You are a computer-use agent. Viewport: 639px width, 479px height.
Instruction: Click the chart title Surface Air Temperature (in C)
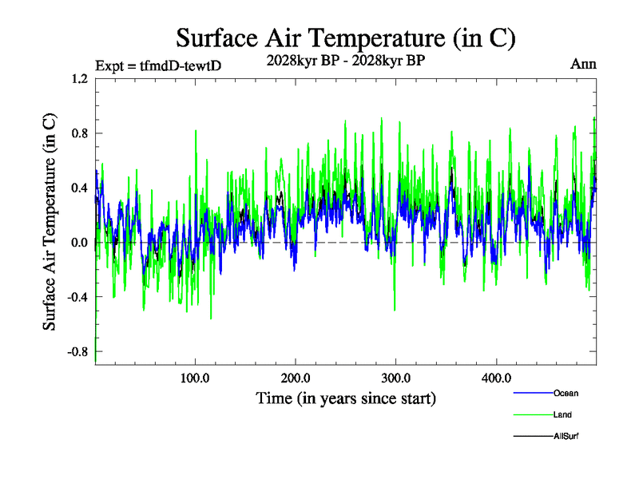345,38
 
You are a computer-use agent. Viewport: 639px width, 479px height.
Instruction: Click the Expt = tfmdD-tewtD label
158,65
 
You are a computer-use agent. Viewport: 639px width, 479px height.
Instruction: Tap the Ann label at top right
583,64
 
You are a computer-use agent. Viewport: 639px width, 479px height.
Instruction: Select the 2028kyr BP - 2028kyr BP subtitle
345,59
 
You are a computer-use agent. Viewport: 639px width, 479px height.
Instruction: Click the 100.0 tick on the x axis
195,377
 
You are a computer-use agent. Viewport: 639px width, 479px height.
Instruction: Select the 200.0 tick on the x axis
296,377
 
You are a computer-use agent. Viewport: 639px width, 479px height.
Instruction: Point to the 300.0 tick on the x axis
396,377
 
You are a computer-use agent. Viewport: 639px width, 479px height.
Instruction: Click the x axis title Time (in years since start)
345,397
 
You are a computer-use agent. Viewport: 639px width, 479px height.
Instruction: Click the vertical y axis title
50,222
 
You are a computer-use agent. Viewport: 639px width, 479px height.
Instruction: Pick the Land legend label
562,414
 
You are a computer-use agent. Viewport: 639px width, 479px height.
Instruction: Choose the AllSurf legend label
566,436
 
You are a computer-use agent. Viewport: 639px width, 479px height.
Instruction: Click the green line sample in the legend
532,414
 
